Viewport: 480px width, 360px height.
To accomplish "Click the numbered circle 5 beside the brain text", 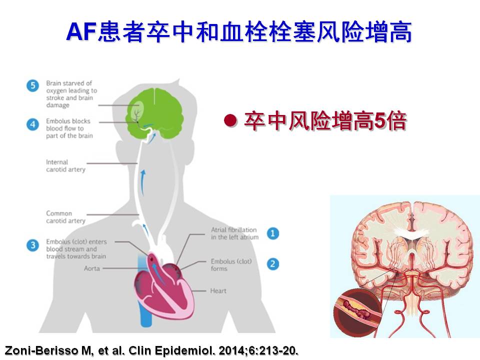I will [x=32, y=85].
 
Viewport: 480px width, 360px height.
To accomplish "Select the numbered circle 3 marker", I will [x=32, y=245].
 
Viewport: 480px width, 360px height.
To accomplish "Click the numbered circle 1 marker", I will [x=272, y=233].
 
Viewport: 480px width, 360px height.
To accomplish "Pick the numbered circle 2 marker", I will [x=272, y=264].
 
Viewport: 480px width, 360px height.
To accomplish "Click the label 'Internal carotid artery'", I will [x=65, y=165].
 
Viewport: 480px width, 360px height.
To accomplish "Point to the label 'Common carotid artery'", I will [x=65, y=217].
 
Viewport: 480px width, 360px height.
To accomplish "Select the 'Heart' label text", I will [x=218, y=290].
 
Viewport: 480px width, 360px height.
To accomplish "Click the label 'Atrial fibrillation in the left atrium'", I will [x=234, y=233].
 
